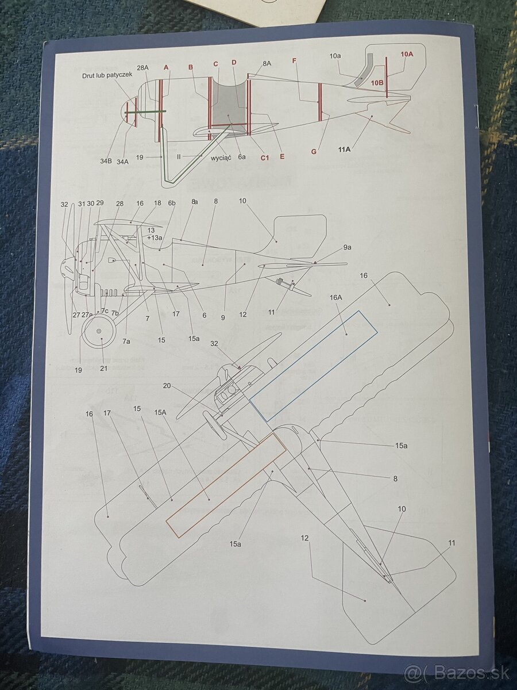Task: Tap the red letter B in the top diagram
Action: [x=191, y=67]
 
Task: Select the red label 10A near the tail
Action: [x=407, y=54]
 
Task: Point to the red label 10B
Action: [x=377, y=83]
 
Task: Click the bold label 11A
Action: [x=345, y=149]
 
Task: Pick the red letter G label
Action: [x=314, y=152]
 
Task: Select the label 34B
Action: [x=106, y=162]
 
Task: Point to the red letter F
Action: [x=294, y=60]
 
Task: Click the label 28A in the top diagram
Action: [x=143, y=68]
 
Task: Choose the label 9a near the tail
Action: [x=347, y=247]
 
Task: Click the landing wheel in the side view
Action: [x=100, y=332]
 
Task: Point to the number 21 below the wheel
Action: [x=104, y=368]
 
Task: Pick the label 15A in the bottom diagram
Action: [x=160, y=412]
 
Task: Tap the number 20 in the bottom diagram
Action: [x=167, y=386]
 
